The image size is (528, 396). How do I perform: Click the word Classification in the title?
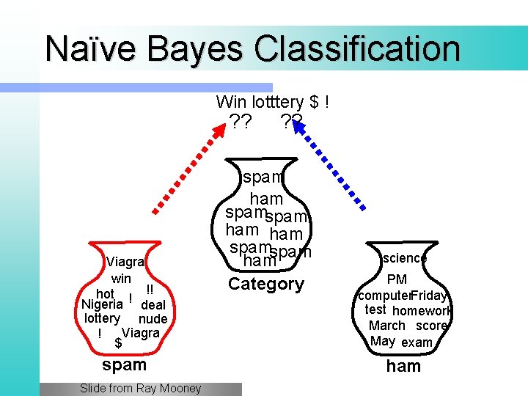pos(358,48)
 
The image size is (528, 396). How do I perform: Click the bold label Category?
pos(265,284)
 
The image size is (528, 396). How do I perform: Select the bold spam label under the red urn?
pos(125,364)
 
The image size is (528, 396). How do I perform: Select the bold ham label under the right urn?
pos(403,366)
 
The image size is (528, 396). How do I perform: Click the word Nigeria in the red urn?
pos(102,304)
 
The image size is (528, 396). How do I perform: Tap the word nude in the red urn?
pos(153,318)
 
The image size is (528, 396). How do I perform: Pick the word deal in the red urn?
pos(153,304)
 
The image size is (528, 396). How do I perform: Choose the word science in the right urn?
pos(404,258)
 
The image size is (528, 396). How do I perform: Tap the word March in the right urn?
pos(386,326)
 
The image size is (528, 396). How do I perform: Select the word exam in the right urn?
pos(417,342)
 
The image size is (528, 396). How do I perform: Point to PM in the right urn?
pos(397,279)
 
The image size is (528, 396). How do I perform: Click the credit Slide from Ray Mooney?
pos(140,389)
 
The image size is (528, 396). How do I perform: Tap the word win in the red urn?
pos(121,279)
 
